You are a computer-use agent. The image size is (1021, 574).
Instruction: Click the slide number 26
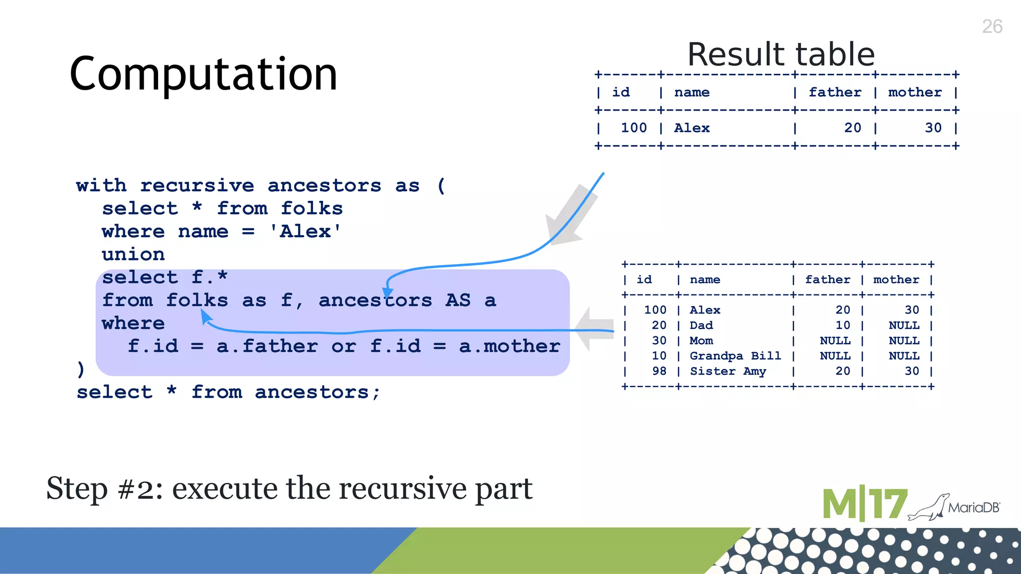[x=992, y=26]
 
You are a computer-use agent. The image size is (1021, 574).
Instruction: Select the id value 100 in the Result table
[x=633, y=128]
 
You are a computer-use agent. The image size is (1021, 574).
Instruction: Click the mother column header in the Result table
[x=915, y=92]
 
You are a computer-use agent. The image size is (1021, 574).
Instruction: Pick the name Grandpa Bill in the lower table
[x=735, y=356]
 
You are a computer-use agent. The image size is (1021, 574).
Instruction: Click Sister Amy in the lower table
[x=727, y=371]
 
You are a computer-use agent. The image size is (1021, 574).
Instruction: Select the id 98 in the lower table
[x=659, y=371]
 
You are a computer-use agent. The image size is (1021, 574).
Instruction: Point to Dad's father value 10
[x=843, y=325]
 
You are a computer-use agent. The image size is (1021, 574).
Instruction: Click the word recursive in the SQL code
[x=197, y=185]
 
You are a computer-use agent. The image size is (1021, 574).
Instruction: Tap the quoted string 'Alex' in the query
[x=305, y=231]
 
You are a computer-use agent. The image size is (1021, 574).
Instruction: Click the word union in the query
[x=133, y=254]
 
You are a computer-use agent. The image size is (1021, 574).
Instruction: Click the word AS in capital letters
[x=458, y=300]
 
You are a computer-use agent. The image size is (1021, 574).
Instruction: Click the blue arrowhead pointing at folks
[x=205, y=316]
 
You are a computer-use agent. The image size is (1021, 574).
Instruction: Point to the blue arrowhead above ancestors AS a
[x=387, y=293]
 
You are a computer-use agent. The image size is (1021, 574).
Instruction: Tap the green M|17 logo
[x=864, y=504]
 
